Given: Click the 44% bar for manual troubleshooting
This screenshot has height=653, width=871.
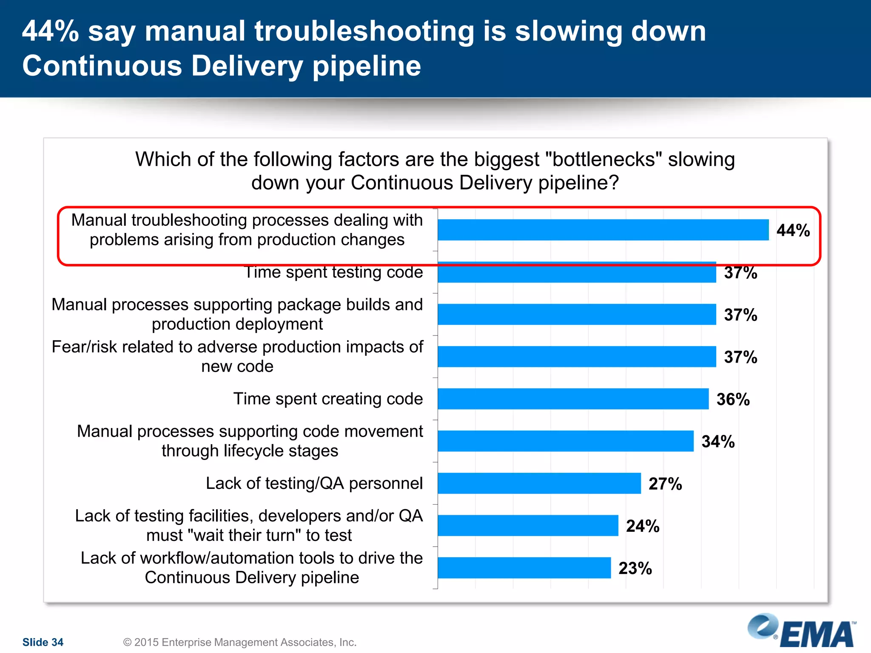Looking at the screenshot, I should point(603,230).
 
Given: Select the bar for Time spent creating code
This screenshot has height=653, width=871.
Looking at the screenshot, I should point(573,399).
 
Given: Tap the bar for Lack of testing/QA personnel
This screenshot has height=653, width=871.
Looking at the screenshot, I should point(539,483).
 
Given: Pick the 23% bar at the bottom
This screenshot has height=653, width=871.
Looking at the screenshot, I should point(524,568).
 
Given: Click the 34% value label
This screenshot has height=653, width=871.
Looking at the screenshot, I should point(718,442).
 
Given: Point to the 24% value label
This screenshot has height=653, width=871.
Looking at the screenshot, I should point(643,526).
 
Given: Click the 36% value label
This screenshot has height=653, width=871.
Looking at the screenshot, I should point(733,399).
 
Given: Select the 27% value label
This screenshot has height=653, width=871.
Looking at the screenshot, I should point(665,484).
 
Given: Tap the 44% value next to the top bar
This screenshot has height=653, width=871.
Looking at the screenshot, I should point(793,230).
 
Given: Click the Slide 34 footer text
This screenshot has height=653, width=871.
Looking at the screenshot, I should point(43,642).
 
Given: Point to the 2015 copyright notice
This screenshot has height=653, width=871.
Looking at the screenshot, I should point(239,642).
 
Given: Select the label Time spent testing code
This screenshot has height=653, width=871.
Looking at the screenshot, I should point(334,273).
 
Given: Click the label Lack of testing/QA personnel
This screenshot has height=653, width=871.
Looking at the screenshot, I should point(314,483).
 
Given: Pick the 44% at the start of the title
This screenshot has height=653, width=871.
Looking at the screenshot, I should point(50,31).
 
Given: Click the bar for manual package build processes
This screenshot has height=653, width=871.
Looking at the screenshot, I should point(577,315).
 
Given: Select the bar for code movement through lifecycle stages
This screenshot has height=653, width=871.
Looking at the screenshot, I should point(565,441).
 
